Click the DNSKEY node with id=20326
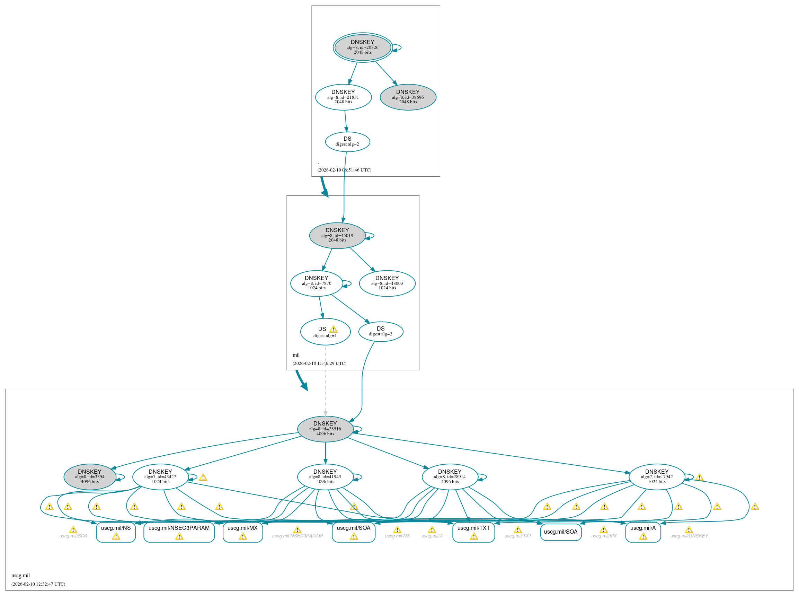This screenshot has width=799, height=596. pyautogui.click(x=362, y=47)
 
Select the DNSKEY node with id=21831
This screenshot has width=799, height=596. pyautogui.click(x=343, y=97)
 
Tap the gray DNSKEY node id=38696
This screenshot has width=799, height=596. pyautogui.click(x=408, y=97)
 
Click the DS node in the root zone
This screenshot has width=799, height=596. pyautogui.click(x=347, y=141)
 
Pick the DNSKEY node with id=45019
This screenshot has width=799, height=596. pyautogui.click(x=337, y=235)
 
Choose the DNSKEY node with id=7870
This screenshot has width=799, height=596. pyautogui.click(x=316, y=283)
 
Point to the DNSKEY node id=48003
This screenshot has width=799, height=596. pyautogui.click(x=387, y=283)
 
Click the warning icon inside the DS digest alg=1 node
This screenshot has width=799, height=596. pyautogui.click(x=333, y=330)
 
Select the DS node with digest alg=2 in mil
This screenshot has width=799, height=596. pyautogui.click(x=380, y=331)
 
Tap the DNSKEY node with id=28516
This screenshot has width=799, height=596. pyautogui.click(x=325, y=429)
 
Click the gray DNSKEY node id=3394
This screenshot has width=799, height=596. pyautogui.click(x=89, y=476)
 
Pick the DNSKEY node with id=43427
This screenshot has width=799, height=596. pyautogui.click(x=160, y=476)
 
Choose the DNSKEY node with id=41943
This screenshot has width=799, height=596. pyautogui.click(x=325, y=476)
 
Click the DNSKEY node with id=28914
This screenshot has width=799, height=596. pyautogui.click(x=450, y=476)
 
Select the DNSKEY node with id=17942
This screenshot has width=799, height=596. pyautogui.click(x=657, y=476)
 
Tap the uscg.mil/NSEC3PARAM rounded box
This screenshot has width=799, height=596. pyautogui.click(x=179, y=532)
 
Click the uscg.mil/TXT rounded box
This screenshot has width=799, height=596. pyautogui.click(x=473, y=532)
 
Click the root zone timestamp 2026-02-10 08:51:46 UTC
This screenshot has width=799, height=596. pyautogui.click(x=344, y=170)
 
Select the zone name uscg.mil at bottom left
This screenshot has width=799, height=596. pyautogui.click(x=20, y=576)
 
